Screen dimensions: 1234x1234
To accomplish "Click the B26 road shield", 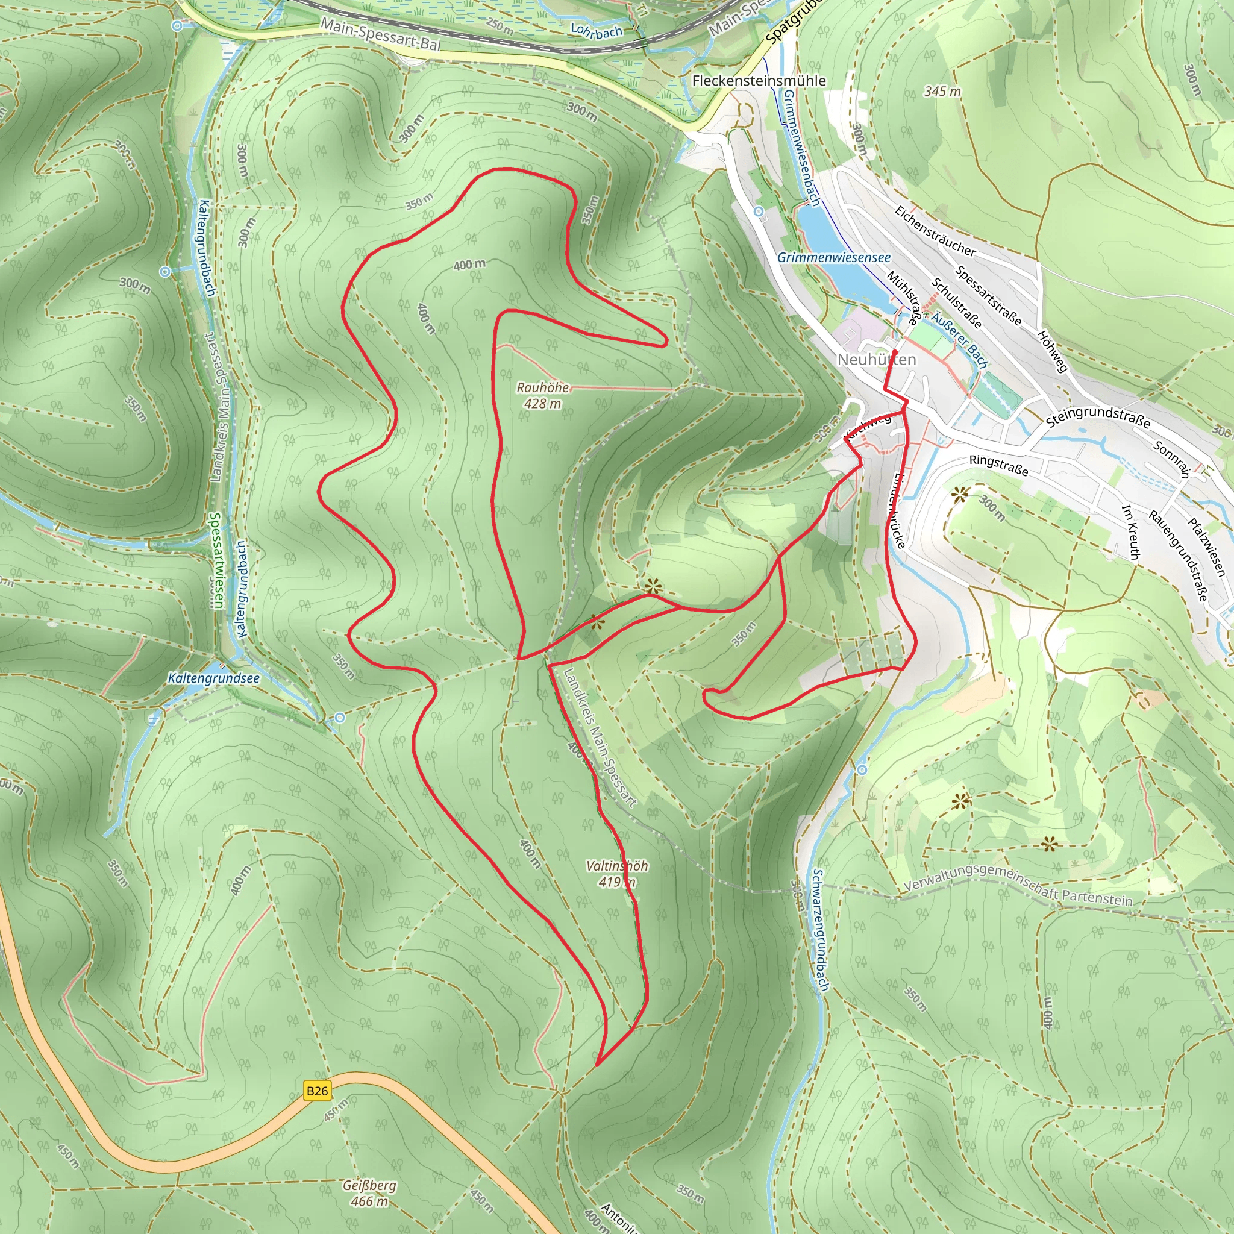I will coord(317,1090).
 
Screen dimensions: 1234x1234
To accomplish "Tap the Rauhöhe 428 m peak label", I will coord(542,395).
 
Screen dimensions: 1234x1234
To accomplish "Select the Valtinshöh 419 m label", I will coord(617,874).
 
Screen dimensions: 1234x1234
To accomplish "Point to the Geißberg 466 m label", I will coord(369,1193).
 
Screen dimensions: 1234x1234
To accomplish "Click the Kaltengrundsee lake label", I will coord(213,678).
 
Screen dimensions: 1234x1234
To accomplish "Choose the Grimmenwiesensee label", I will coord(833,257).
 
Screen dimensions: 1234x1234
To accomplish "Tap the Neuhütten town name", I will coord(876,360).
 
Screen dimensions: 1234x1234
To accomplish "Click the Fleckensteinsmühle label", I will coord(759,81).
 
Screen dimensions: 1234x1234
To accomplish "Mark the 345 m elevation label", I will coord(942,92).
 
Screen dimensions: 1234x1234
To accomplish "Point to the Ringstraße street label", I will coord(998,465).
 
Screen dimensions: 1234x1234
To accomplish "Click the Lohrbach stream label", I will coord(596,31).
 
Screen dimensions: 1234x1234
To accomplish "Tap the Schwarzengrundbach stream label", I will coord(820,930).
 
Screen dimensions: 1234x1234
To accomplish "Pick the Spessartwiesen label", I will coord(216,561).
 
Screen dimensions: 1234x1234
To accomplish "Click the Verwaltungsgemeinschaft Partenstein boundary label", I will coord(1018,885).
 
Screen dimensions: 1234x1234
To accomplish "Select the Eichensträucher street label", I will coord(935,231).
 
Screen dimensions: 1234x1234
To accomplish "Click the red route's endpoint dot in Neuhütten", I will coord(895,352).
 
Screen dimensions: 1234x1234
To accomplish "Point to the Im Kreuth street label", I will coord(1130,531).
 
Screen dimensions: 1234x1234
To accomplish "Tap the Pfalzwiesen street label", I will coord(1206,547).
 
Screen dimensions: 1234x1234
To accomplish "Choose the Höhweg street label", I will coord(1052,351).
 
